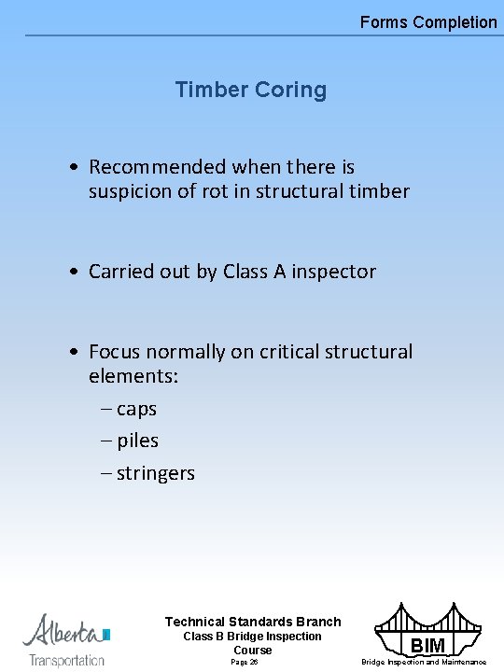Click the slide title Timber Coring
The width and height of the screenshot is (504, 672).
(x=250, y=91)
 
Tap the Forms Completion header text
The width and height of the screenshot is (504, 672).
(x=428, y=21)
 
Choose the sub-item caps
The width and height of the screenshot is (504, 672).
(x=136, y=409)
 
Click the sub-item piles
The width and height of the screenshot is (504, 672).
(x=137, y=441)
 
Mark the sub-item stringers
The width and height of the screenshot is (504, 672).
(x=155, y=473)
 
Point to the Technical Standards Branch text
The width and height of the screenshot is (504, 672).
(x=253, y=622)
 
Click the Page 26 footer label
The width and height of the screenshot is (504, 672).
(x=245, y=662)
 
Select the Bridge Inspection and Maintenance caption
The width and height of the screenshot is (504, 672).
(x=424, y=662)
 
